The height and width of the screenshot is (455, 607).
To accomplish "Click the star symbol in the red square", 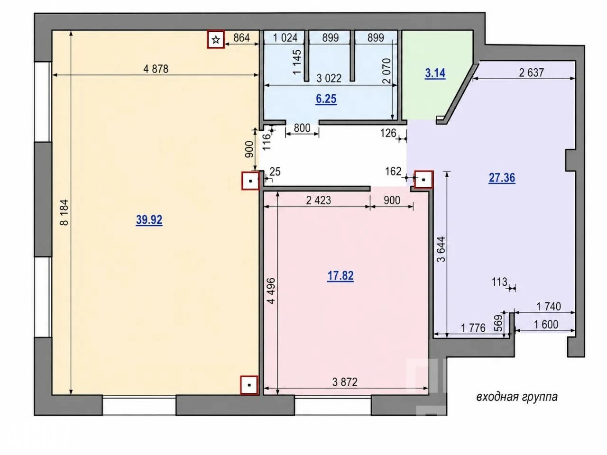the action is [x=216, y=40].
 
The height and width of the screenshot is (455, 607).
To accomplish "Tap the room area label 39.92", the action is [x=149, y=220].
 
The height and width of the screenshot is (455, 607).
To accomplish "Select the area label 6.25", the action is [x=326, y=99].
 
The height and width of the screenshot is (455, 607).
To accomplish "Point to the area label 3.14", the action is [x=435, y=73].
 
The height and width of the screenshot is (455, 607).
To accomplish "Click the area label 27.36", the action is [x=502, y=178].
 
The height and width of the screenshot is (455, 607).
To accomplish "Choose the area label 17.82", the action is [x=340, y=276].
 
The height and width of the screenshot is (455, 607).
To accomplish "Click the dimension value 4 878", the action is [x=156, y=69].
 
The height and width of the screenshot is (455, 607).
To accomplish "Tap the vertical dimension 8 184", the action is [x=64, y=212].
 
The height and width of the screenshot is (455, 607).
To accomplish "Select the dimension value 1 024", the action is [x=285, y=37].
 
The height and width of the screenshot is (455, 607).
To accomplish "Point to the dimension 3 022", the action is [x=329, y=79].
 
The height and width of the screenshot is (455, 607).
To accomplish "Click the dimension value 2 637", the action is [x=532, y=73].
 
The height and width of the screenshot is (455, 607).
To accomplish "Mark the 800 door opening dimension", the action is [x=302, y=128].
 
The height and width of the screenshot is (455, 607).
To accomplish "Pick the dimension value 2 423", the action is [x=318, y=200].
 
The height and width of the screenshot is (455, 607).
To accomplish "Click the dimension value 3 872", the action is [x=345, y=382].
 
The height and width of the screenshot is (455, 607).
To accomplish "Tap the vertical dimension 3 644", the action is [x=441, y=249].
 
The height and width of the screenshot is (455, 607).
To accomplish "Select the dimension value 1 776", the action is [x=473, y=328].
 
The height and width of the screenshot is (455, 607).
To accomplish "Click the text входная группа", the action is [x=517, y=397].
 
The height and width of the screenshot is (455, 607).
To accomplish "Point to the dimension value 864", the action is [x=241, y=37].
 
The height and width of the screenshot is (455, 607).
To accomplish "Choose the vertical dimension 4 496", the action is [x=272, y=291].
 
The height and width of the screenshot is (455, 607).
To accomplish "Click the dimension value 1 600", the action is [x=546, y=324].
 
